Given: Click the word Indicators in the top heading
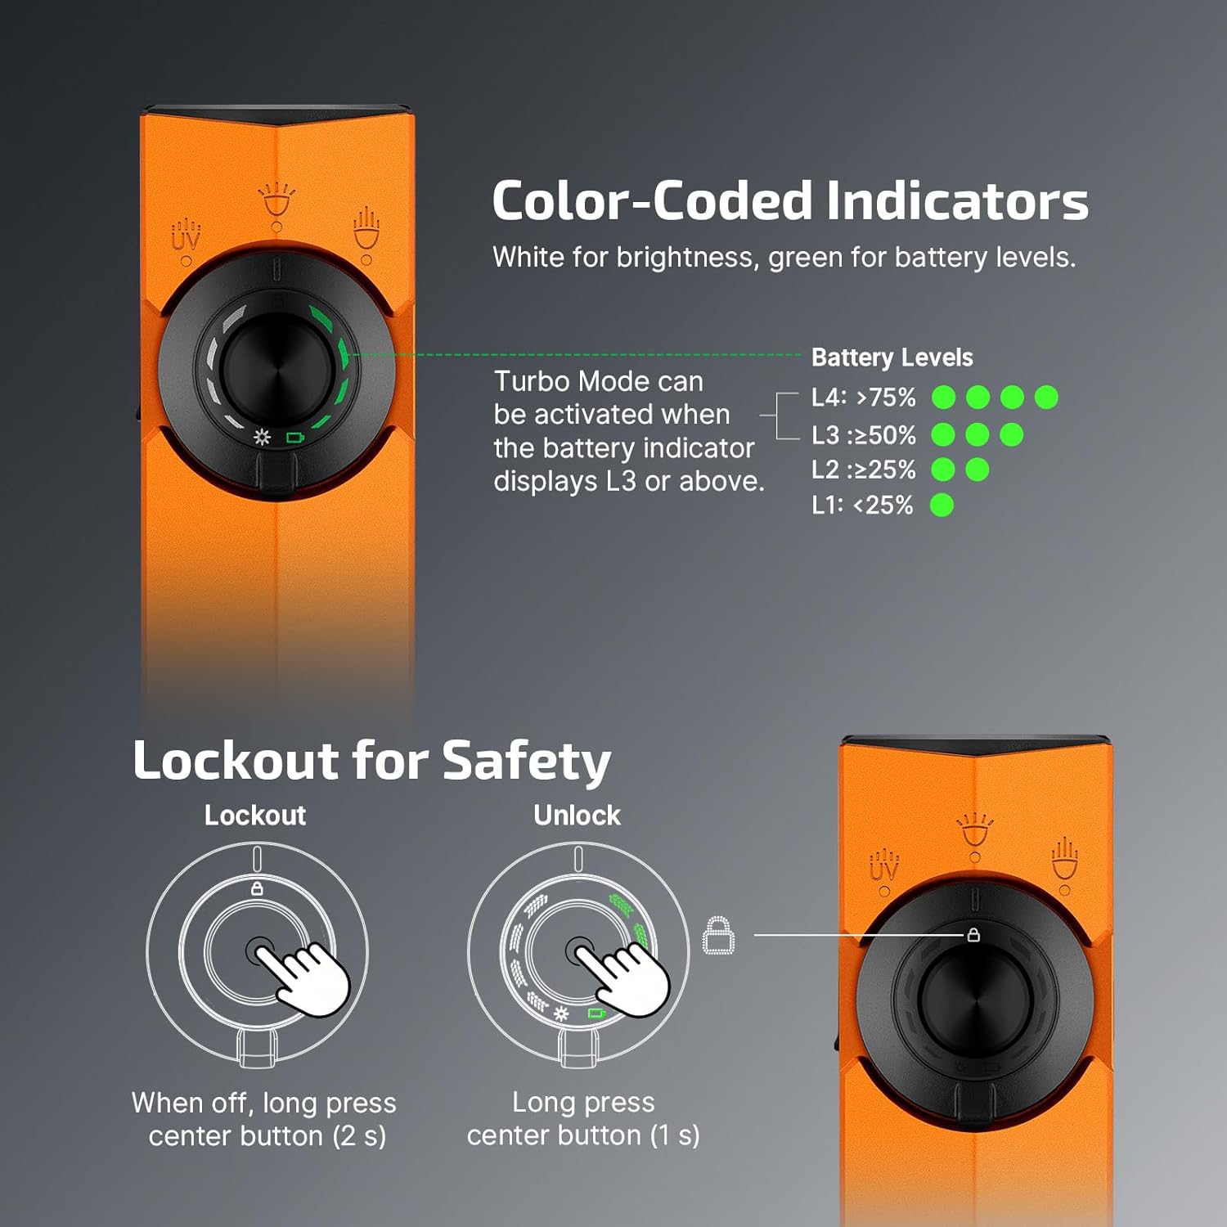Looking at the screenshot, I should point(957,201).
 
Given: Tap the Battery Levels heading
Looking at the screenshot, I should point(892,357).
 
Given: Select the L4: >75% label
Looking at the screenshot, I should point(863,398).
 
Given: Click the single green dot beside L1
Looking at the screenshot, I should point(942,506).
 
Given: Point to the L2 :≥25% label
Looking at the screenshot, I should point(863,470).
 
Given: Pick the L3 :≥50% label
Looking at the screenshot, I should point(863,435).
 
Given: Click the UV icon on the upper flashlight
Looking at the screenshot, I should point(186,235).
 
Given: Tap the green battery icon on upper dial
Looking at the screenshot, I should point(294,438).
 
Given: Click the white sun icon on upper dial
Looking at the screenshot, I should point(262,437).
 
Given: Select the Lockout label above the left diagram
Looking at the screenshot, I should point(255,816).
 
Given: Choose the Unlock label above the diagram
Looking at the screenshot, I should point(577,816).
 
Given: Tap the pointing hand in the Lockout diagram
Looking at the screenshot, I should point(307,978).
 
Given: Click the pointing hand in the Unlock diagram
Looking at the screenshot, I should point(627,978).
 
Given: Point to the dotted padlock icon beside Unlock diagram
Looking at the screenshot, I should point(719,935).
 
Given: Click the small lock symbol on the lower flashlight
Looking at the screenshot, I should point(973,934).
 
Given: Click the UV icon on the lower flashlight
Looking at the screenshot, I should point(883,866).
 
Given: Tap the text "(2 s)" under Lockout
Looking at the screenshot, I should point(359,1136).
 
